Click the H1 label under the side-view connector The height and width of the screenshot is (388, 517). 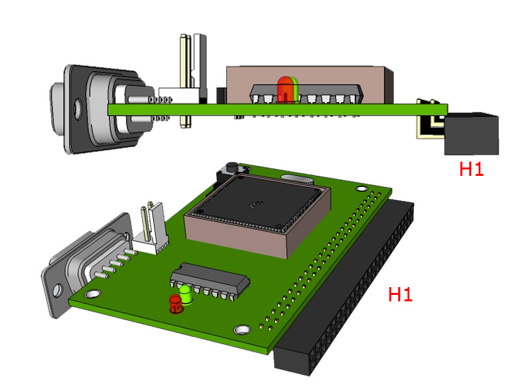point(471,169)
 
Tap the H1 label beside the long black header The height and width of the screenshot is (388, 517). point(400,295)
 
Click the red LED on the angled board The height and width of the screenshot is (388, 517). point(175,303)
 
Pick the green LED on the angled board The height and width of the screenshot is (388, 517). point(186,294)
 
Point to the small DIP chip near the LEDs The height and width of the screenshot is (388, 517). point(210,279)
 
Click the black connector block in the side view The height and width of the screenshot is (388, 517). point(472,134)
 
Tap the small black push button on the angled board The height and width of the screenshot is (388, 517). point(230,170)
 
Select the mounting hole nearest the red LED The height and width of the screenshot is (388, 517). point(242,330)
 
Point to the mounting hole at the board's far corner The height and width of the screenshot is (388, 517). point(360,188)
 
